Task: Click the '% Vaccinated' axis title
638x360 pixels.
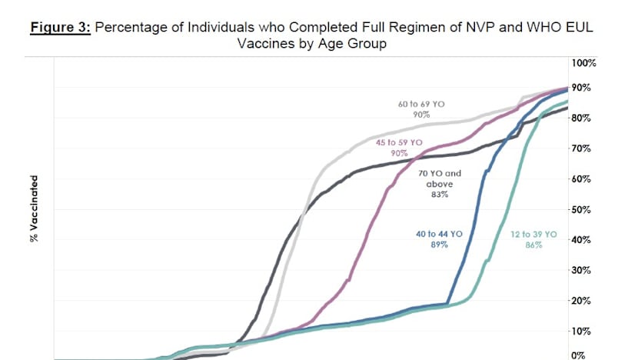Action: [33, 208]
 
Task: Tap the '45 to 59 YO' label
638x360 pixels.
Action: [399, 143]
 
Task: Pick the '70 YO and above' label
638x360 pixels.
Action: [439, 179]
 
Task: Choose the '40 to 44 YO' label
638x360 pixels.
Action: [439, 233]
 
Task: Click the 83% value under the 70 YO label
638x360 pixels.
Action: [439, 195]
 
